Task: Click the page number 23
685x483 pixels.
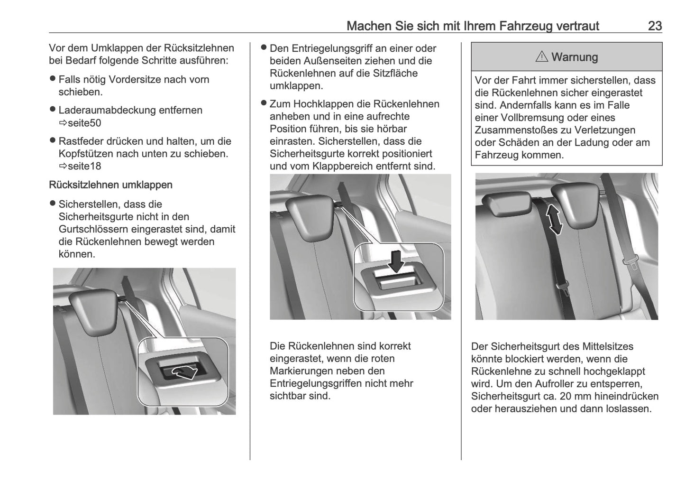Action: pos(655,26)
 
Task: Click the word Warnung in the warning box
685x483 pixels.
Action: pos(574,57)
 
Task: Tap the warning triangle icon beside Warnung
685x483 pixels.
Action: pos(541,57)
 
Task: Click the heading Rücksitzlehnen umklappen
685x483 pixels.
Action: pos(110,185)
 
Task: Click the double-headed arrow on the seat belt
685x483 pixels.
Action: pos(553,219)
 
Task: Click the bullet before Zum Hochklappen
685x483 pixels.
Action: pos(264,103)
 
